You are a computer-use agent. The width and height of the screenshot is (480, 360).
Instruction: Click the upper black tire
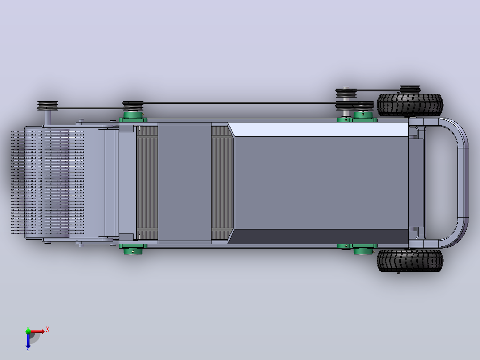pos(410,105)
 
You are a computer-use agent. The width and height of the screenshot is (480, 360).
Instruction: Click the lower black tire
pos(410,261)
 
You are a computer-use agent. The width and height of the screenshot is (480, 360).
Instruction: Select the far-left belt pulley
pos(48,106)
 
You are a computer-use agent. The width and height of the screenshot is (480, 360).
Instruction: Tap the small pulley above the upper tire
pos(410,90)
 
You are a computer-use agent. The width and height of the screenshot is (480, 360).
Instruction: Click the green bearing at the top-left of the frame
pos(133,116)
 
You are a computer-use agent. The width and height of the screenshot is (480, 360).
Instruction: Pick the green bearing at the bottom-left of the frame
pos(133,249)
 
